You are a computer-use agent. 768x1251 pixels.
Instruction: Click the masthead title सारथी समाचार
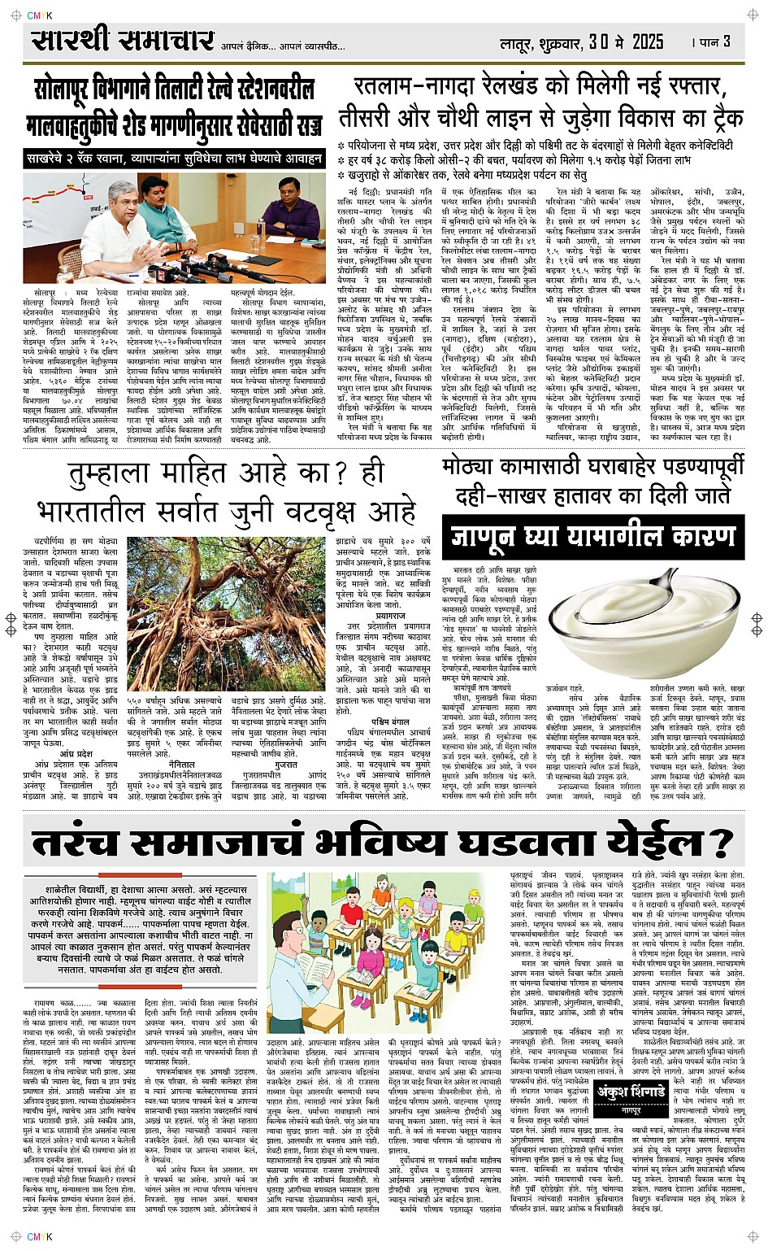(122, 41)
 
